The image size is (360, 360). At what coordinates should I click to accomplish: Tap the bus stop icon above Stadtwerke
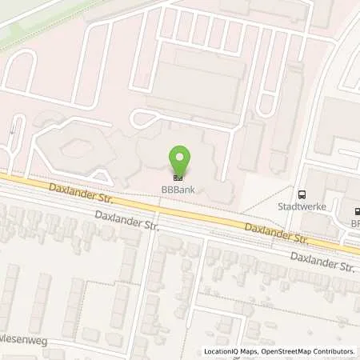[x=302, y=194]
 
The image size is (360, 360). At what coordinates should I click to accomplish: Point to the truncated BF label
[x=355, y=224]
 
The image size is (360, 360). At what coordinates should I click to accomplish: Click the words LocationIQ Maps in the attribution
[x=230, y=351]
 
